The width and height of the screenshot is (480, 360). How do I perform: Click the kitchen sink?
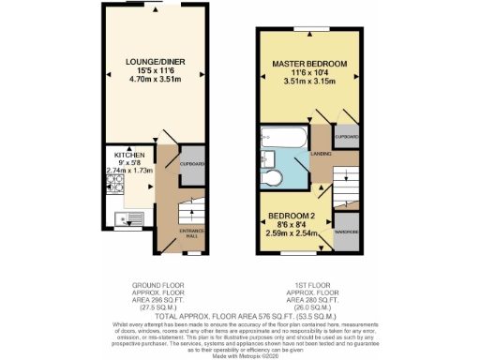click(x=122, y=221)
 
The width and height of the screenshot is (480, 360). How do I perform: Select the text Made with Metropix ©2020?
click(x=239, y=352)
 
